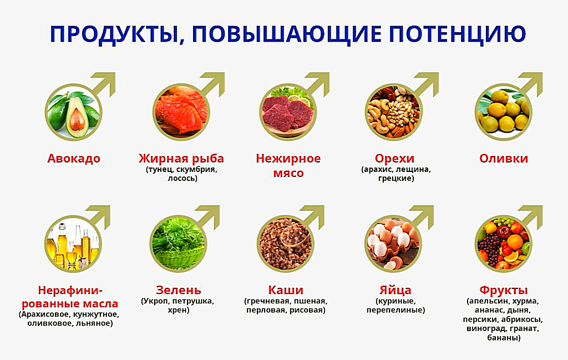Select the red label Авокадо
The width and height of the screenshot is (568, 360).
pos(74,159)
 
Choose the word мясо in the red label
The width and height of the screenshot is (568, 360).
pos(288,173)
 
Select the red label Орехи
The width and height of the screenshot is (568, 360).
pos(394,159)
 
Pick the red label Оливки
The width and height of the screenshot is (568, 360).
pos(504,159)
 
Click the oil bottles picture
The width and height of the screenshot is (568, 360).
pos(72,243)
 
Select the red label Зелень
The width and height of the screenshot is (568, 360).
pos(179,290)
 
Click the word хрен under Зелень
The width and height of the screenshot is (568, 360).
pos(179,311)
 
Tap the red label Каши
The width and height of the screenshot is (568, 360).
pos(286,290)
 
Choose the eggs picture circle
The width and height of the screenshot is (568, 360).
pos(393,243)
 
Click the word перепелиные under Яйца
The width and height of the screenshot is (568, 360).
pos(395,311)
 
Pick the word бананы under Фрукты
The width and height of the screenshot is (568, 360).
pos(503,338)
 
